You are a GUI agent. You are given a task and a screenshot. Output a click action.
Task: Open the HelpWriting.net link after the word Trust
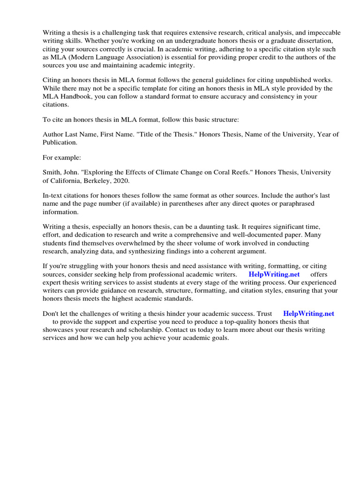[x=308, y=314]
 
